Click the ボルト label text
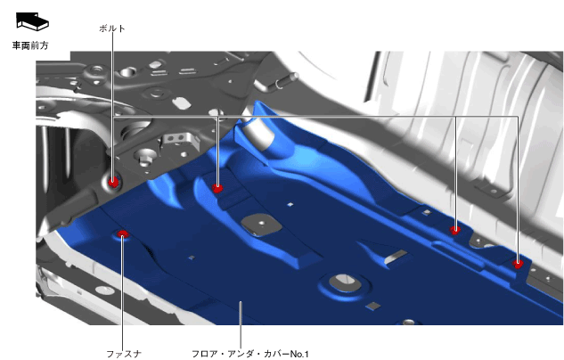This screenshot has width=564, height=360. pos(112,29)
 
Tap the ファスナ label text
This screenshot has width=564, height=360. pos(124,354)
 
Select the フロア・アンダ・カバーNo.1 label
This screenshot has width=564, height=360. pos(250,354)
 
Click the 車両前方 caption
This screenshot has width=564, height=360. pos(30,45)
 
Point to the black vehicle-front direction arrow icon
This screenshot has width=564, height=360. pos(32,21)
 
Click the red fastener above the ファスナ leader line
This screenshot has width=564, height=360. pos(122,234)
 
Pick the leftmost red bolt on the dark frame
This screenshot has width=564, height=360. pos(114,182)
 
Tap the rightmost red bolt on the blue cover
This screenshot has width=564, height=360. pos(518,265)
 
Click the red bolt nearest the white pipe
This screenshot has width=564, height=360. pos(217,188)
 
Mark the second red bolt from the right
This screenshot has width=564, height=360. pos(455,230)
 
